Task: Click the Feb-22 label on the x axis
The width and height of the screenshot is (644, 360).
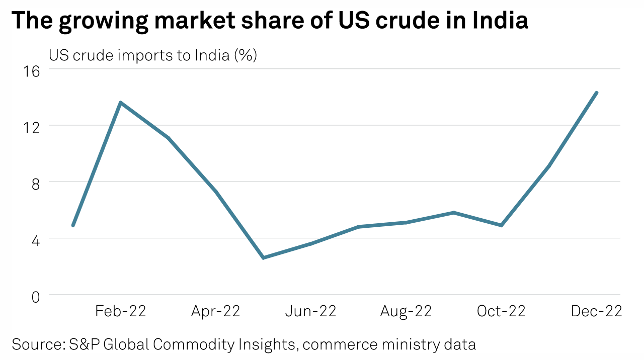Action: (x=121, y=311)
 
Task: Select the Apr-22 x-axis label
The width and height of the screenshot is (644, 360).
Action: (x=215, y=311)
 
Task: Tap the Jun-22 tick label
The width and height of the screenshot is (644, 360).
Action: (x=310, y=311)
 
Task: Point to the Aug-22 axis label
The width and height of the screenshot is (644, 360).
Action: (x=406, y=311)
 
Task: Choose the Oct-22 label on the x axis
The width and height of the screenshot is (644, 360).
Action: (x=501, y=311)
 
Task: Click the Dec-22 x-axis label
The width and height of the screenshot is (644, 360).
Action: (x=596, y=311)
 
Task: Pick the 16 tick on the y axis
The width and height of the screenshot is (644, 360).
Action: (x=32, y=71)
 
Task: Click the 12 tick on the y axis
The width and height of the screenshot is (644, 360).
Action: (x=32, y=127)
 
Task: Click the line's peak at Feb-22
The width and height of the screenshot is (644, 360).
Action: (x=121, y=103)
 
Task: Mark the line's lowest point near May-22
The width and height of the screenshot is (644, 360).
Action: (x=263, y=258)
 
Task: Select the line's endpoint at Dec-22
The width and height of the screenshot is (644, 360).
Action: (x=597, y=93)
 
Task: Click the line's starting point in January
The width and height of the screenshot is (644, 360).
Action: (x=73, y=225)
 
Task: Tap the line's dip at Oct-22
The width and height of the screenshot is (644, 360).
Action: (x=501, y=225)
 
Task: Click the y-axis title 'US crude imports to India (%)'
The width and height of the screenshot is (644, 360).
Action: (x=153, y=55)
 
